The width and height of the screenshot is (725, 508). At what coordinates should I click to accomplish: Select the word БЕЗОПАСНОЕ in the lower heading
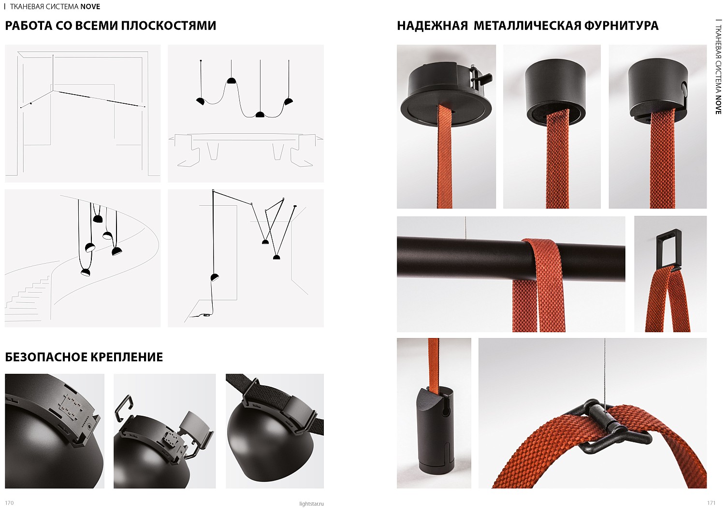(x=45, y=357)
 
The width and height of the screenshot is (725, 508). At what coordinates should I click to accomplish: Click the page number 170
(x=9, y=503)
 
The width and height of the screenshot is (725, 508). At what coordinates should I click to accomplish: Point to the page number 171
(x=711, y=503)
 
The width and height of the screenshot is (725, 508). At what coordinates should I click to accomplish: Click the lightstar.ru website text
(x=311, y=504)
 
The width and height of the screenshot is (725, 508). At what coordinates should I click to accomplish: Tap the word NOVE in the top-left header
(x=90, y=6)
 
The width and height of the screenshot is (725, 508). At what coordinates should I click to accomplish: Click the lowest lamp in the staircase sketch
(x=86, y=272)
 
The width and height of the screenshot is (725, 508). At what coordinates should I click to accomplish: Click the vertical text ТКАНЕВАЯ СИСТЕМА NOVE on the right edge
(x=718, y=67)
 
